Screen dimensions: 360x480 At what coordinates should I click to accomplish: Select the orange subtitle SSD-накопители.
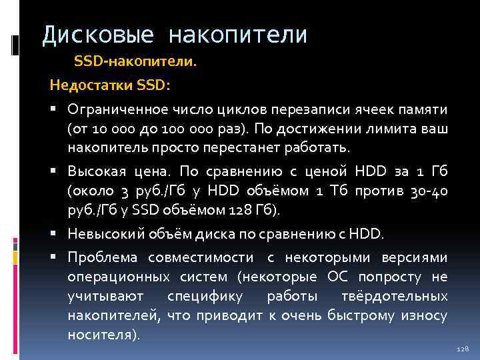click(x=135, y=62)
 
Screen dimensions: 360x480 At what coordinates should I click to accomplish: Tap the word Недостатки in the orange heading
click(x=91, y=85)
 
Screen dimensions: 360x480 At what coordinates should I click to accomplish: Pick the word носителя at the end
click(x=101, y=332)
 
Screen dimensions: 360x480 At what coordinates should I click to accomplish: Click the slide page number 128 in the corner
click(x=463, y=349)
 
